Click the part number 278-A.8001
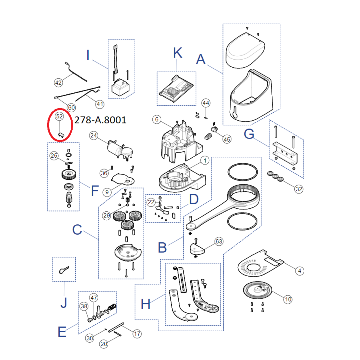coord(100,120)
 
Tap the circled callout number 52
coord(59,116)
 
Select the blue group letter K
coord(178,53)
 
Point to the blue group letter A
coord(201,59)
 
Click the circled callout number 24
coord(94,136)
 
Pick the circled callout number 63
coord(219,241)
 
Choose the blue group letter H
coord(146,304)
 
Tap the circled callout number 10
coord(288,299)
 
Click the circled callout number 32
coord(299,189)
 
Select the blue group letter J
coord(64,303)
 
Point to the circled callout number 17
coord(137,334)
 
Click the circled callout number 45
coord(227,139)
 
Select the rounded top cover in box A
coord(245,50)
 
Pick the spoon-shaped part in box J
coord(64,270)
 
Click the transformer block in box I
coord(120,87)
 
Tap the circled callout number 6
coord(157,119)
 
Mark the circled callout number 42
coord(58,83)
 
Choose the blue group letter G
coord(249,134)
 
